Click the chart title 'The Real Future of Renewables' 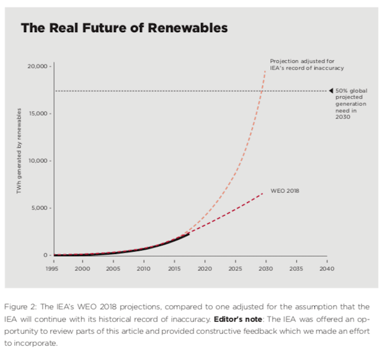tap(124, 28)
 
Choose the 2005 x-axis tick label tap(113, 268)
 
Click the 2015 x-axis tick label tap(174, 268)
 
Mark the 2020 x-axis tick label tap(204, 268)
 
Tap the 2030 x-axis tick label tap(265, 268)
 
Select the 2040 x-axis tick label tap(326, 268)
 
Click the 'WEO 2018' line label tap(288, 191)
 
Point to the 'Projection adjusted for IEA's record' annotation tap(307, 64)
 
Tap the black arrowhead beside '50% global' tap(331, 91)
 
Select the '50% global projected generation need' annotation tap(351, 104)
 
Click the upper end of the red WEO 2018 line tap(263, 193)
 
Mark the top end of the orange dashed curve tap(265, 71)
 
